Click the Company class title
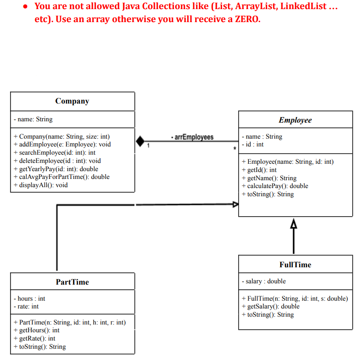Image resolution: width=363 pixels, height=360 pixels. click(x=72, y=101)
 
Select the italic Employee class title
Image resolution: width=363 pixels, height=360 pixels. click(x=295, y=120)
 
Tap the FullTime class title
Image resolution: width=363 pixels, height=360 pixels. click(x=295, y=265)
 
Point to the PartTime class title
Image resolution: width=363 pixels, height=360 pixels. click(x=72, y=282)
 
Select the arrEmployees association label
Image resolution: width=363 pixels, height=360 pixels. click(x=193, y=137)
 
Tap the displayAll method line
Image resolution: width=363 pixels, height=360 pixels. click(x=41, y=185)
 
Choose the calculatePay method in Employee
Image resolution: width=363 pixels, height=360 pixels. click(x=275, y=186)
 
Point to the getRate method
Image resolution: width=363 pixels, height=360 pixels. click(x=35, y=338)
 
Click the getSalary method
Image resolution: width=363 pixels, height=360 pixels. click(x=271, y=306)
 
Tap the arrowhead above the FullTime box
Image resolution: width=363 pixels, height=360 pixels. click(x=294, y=224)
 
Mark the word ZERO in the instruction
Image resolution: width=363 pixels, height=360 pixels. click(x=246, y=19)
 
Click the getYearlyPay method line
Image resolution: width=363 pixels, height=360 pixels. click(x=56, y=169)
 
